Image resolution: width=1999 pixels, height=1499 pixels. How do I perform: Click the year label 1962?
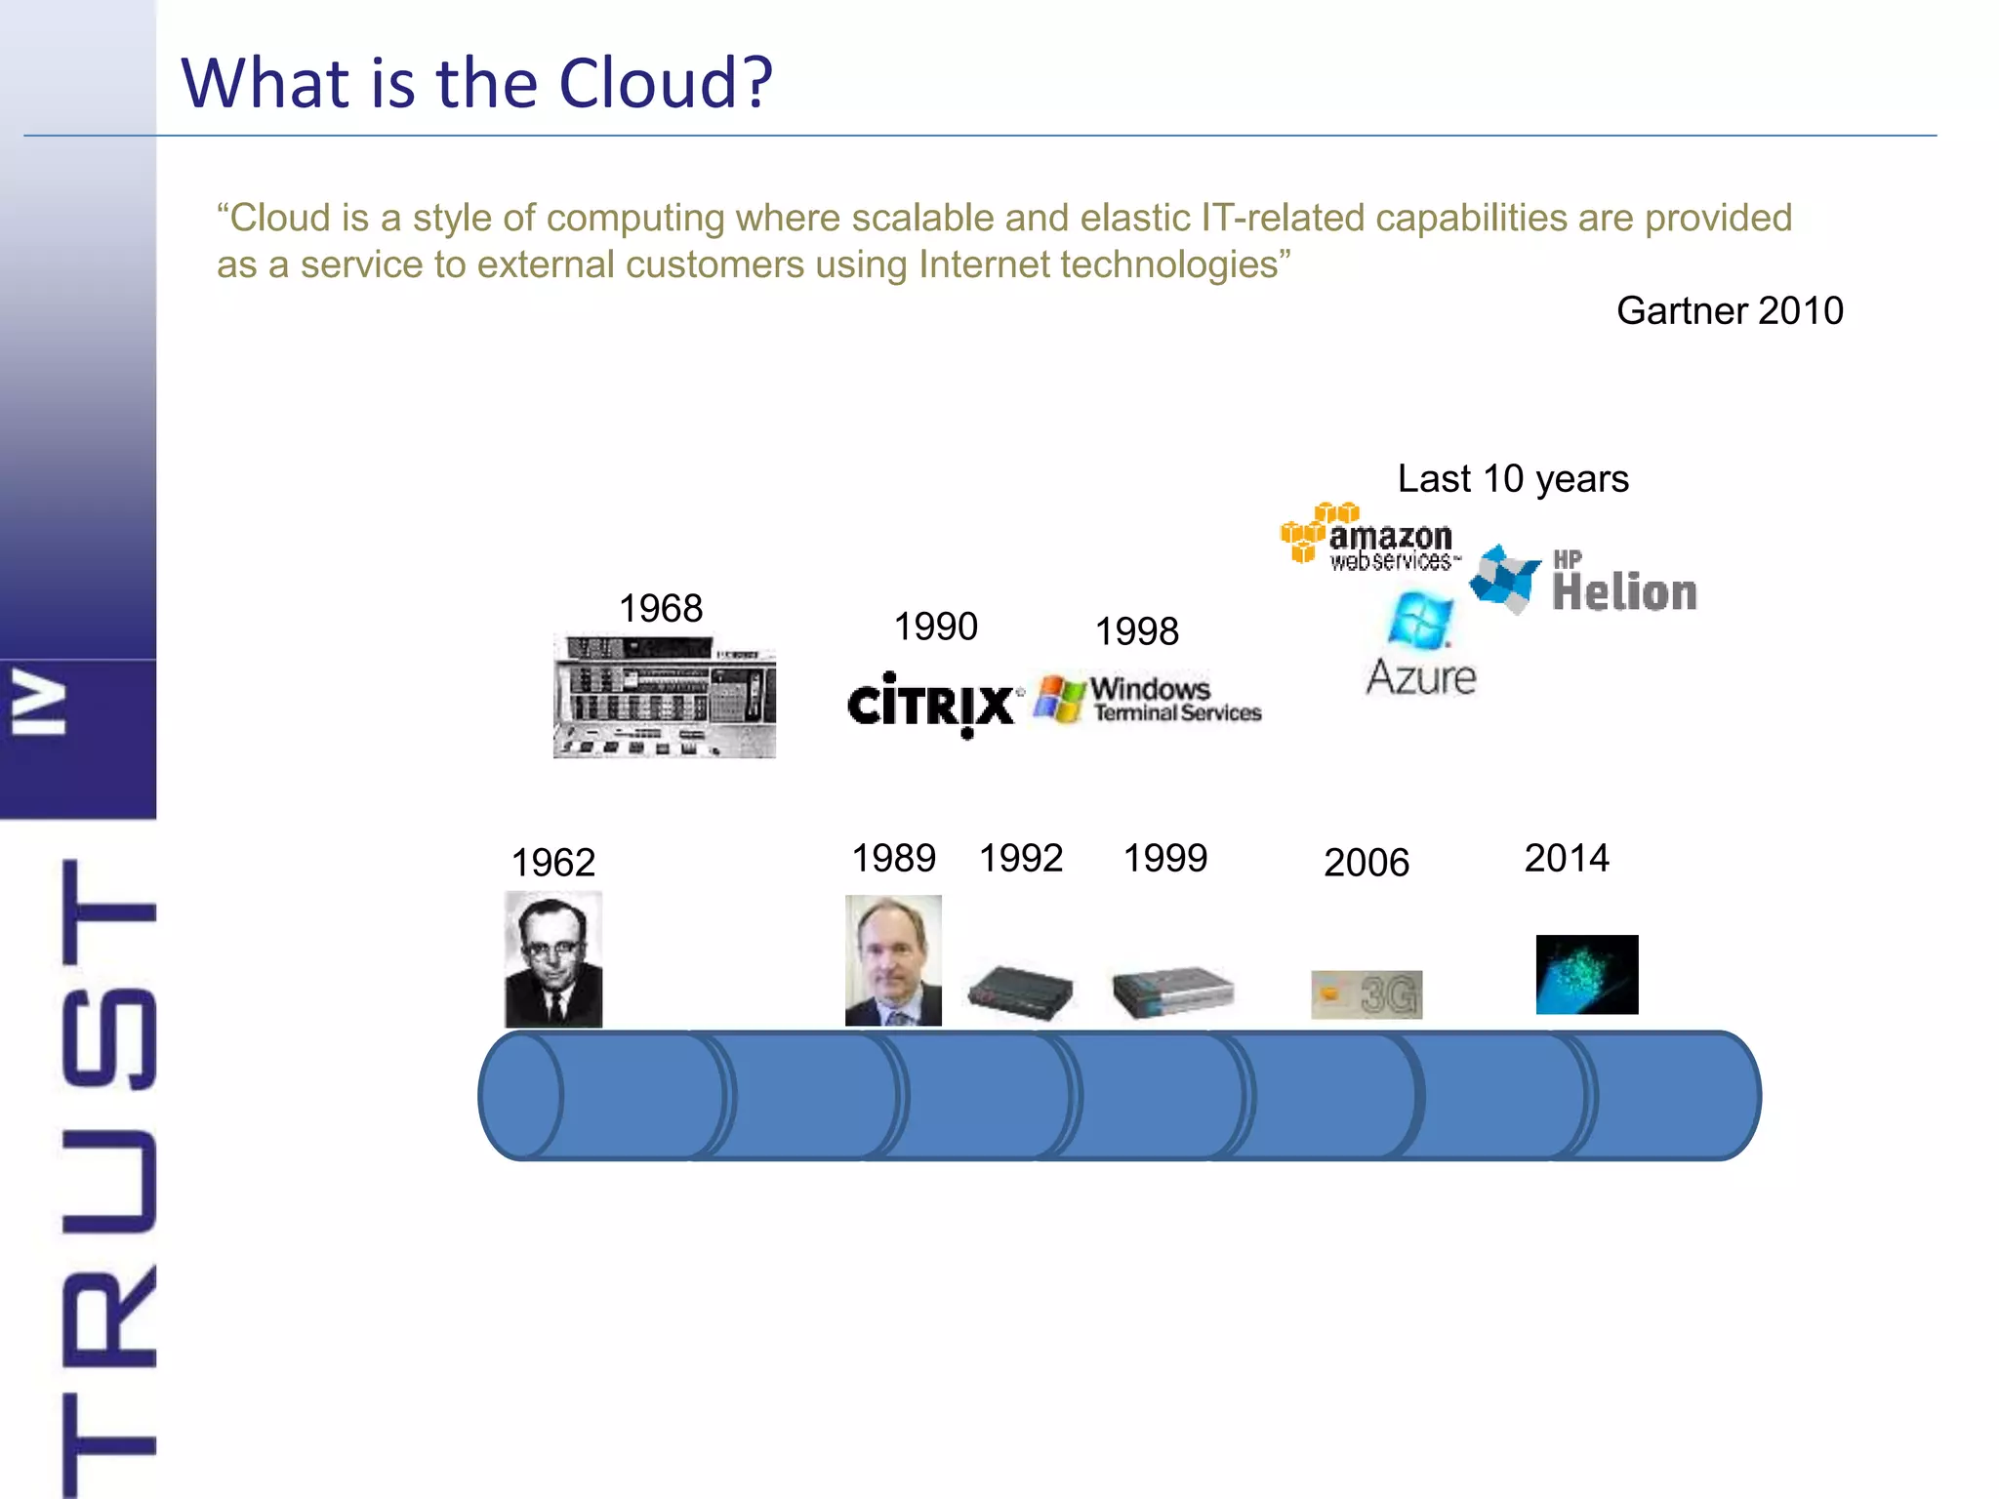pos(553,863)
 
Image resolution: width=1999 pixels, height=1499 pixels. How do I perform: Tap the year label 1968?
pos(661,609)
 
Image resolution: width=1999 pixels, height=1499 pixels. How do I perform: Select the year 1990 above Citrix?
pos(935,627)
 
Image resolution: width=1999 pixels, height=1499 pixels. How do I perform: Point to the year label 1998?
pos(1137,631)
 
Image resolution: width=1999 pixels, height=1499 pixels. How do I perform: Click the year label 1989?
pos(893,859)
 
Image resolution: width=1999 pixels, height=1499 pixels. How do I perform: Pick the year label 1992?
pos(1021,859)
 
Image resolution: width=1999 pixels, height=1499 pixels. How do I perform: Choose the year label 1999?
pos(1165,859)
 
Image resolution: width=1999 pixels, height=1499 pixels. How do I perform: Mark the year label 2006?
pos(1367,863)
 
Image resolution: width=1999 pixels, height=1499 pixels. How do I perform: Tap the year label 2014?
pos(1567,859)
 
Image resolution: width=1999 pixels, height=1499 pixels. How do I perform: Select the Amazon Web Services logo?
pos(1371,538)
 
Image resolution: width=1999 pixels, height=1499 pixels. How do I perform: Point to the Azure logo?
pos(1421,646)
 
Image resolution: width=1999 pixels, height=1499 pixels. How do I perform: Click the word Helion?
pos(1624,592)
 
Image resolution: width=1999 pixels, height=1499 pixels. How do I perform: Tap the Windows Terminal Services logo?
pos(1149,700)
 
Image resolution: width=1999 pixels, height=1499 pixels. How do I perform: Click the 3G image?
pos(1367,994)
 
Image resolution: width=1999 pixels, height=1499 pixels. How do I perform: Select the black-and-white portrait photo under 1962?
pos(553,959)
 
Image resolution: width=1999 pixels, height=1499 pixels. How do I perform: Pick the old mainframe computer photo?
pos(665,697)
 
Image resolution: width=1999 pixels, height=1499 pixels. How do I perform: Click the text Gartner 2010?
pos(1730,311)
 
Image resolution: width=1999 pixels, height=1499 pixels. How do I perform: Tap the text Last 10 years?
pos(1513,479)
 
